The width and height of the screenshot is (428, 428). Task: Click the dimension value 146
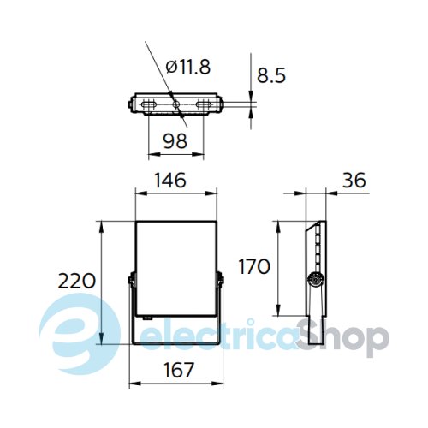(x=170, y=180)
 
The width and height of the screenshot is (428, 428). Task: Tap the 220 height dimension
(x=77, y=281)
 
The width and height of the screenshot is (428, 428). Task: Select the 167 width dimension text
(x=179, y=370)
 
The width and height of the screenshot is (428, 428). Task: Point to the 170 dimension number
(x=254, y=266)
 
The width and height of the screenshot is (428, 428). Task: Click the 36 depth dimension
(x=354, y=180)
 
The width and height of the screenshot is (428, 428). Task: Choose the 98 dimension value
(x=175, y=140)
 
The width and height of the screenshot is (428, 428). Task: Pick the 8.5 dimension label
(x=271, y=75)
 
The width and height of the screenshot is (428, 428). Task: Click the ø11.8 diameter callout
(x=188, y=68)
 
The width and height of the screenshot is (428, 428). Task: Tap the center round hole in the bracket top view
(x=176, y=104)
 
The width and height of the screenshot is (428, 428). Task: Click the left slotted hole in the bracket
(x=149, y=104)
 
